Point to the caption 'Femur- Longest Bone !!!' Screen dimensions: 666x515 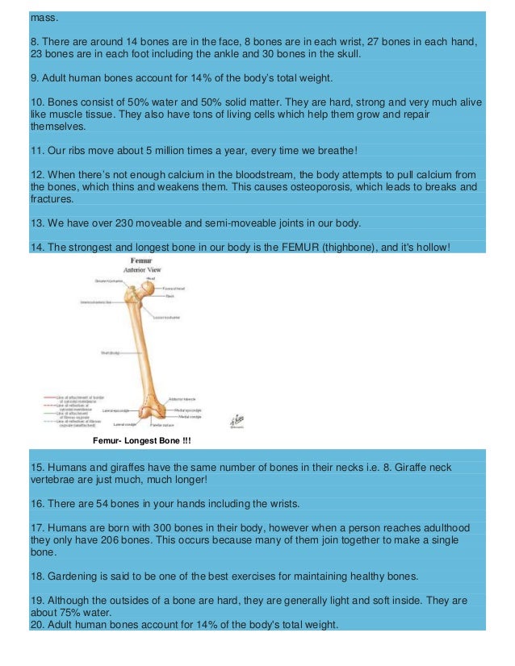142,440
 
